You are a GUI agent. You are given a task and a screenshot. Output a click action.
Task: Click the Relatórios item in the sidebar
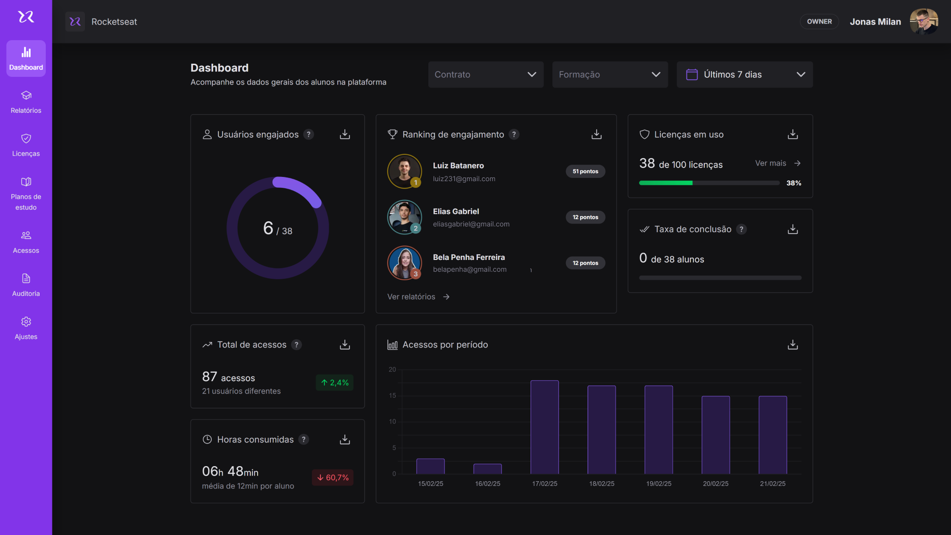(26, 102)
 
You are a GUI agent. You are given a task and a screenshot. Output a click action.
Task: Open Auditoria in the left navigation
(26, 285)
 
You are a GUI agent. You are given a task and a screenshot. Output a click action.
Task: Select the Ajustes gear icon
(26, 322)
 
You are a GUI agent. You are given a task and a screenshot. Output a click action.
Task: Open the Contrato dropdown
(485, 75)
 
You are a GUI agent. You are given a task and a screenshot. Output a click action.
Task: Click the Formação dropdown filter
(609, 75)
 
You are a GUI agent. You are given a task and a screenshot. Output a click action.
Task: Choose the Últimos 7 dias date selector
(744, 75)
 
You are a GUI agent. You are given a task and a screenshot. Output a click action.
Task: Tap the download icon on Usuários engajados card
(345, 134)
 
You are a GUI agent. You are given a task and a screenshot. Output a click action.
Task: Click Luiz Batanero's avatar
(404, 171)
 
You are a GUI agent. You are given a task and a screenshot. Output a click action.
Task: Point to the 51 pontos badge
(585, 171)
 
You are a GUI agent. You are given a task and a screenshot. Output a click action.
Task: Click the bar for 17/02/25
(544, 427)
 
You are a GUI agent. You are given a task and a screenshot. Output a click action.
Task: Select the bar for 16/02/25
(487, 468)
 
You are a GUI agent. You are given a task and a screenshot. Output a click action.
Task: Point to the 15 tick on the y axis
(392, 395)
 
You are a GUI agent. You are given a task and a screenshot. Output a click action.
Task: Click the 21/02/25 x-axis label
(772, 484)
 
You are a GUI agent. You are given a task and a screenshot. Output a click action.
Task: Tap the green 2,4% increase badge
(334, 383)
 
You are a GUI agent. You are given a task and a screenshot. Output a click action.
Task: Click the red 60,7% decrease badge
(333, 477)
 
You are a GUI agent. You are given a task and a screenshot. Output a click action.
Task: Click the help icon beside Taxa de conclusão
(742, 229)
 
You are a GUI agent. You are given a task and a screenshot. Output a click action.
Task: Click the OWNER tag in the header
(819, 22)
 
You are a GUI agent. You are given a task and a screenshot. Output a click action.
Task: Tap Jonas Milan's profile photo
(923, 22)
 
